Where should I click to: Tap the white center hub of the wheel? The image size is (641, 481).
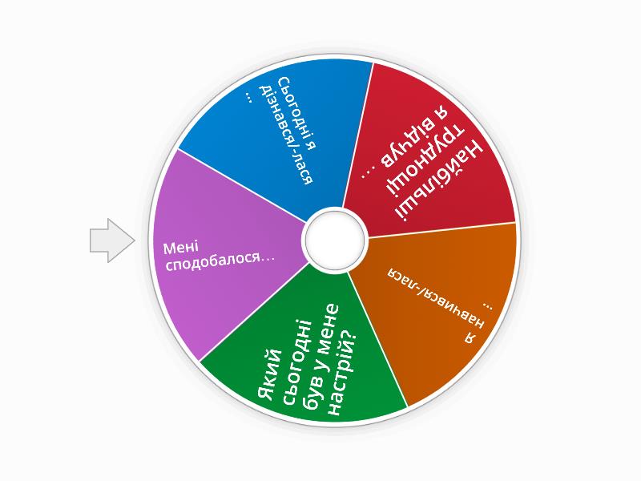pos(334,240)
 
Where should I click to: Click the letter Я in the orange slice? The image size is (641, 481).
pos(472,337)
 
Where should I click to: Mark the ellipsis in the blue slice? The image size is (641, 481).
pos(249,95)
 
